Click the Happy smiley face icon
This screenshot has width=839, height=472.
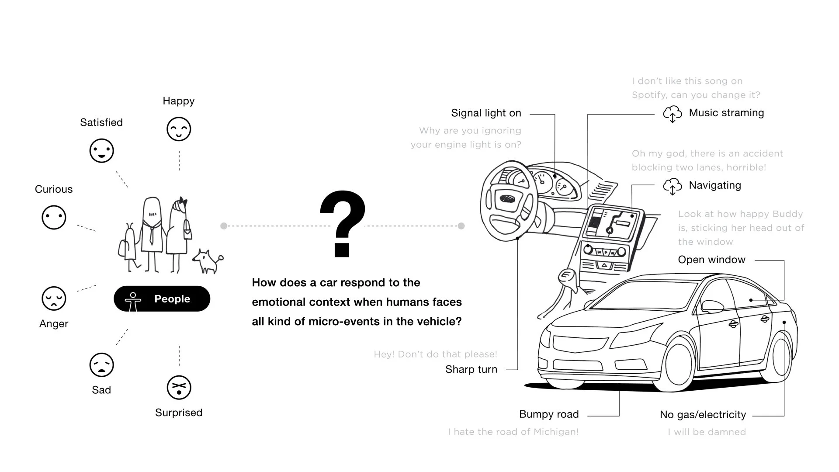(179, 129)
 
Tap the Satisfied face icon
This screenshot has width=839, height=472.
(101, 151)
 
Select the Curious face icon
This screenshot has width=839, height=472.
(54, 217)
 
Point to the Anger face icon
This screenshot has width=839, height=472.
(54, 298)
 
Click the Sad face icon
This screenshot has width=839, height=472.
(101, 365)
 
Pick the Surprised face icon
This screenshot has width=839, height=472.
(179, 387)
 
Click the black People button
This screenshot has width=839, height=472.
(162, 299)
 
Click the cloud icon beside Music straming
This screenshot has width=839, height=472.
(672, 114)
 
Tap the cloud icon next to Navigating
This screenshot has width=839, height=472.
(672, 186)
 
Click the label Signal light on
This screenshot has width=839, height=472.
(486, 113)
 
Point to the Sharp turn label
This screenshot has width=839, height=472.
(471, 369)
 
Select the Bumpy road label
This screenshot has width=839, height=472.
(549, 414)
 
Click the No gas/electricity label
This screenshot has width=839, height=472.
(703, 415)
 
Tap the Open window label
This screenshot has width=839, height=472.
(711, 260)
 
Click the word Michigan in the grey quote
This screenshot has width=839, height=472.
(554, 432)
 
